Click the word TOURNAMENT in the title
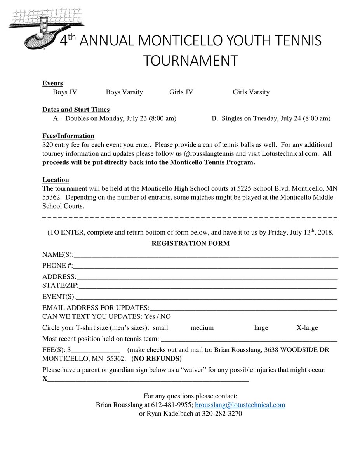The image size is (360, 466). pos(190,61)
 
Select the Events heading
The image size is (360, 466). pos(52,83)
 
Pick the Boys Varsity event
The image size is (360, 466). pos(124,92)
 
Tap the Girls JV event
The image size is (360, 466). pos(181,92)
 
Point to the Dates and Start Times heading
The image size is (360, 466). pos(76,110)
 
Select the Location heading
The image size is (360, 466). pos(56,180)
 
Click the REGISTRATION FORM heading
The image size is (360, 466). pos(190,244)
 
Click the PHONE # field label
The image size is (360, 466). pos(57,266)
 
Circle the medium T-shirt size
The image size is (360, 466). pos(202,328)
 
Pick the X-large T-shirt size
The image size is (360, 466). pos(307,328)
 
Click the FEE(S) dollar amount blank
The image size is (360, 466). pos(96,350)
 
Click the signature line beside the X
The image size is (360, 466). pos(148,379)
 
